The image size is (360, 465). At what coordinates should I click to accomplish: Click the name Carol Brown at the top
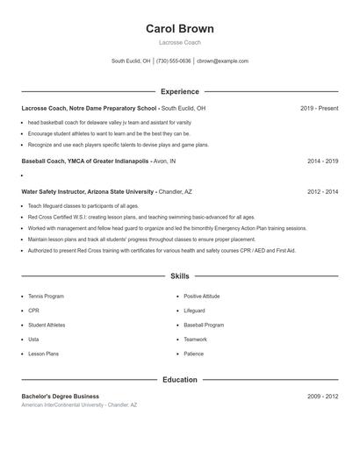(x=180, y=29)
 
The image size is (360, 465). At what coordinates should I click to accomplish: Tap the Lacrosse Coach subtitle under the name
(x=180, y=42)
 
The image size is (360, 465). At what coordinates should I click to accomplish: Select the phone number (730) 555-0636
(x=173, y=61)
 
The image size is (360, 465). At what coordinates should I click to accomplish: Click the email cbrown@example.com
(x=222, y=61)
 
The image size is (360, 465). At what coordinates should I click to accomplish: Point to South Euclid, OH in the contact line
(x=131, y=61)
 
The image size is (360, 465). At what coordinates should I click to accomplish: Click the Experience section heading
(x=180, y=91)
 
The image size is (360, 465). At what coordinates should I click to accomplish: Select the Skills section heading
(x=180, y=276)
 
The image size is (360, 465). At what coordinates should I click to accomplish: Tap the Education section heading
(x=180, y=380)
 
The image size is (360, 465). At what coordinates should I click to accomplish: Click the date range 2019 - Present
(x=319, y=109)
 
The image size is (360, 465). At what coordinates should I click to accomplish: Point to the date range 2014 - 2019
(x=323, y=161)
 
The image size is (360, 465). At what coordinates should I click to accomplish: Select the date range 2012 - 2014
(x=323, y=191)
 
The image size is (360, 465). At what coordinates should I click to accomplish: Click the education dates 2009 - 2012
(x=323, y=397)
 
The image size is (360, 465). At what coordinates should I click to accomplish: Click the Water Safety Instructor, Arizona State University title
(x=88, y=191)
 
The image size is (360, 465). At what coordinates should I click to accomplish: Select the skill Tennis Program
(x=46, y=297)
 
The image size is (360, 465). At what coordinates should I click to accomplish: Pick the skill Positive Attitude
(x=202, y=297)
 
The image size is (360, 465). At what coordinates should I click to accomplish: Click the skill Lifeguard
(x=194, y=311)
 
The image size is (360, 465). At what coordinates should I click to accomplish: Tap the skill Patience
(x=193, y=354)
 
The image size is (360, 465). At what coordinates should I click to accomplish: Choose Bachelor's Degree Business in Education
(x=61, y=397)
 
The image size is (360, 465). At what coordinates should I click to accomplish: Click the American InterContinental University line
(x=79, y=405)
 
